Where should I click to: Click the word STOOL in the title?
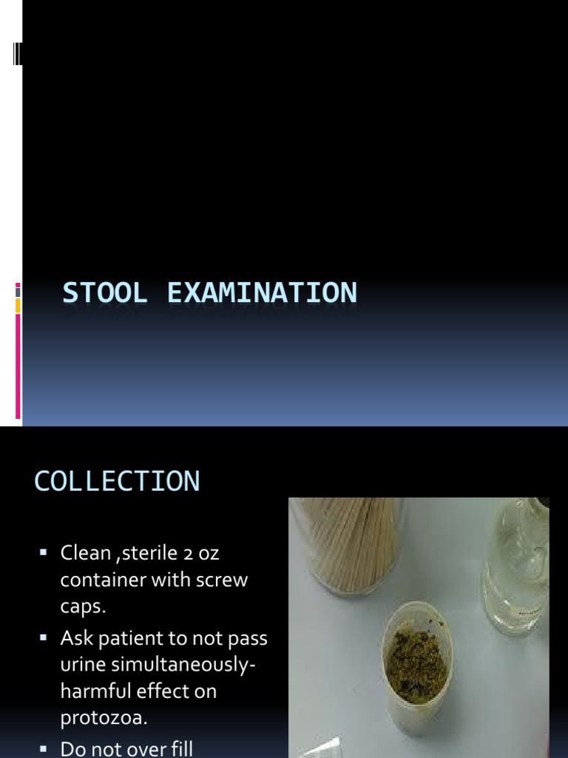(104, 293)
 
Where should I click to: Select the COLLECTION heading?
(117, 481)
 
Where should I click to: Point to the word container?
(102, 580)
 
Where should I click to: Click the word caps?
(83, 608)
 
